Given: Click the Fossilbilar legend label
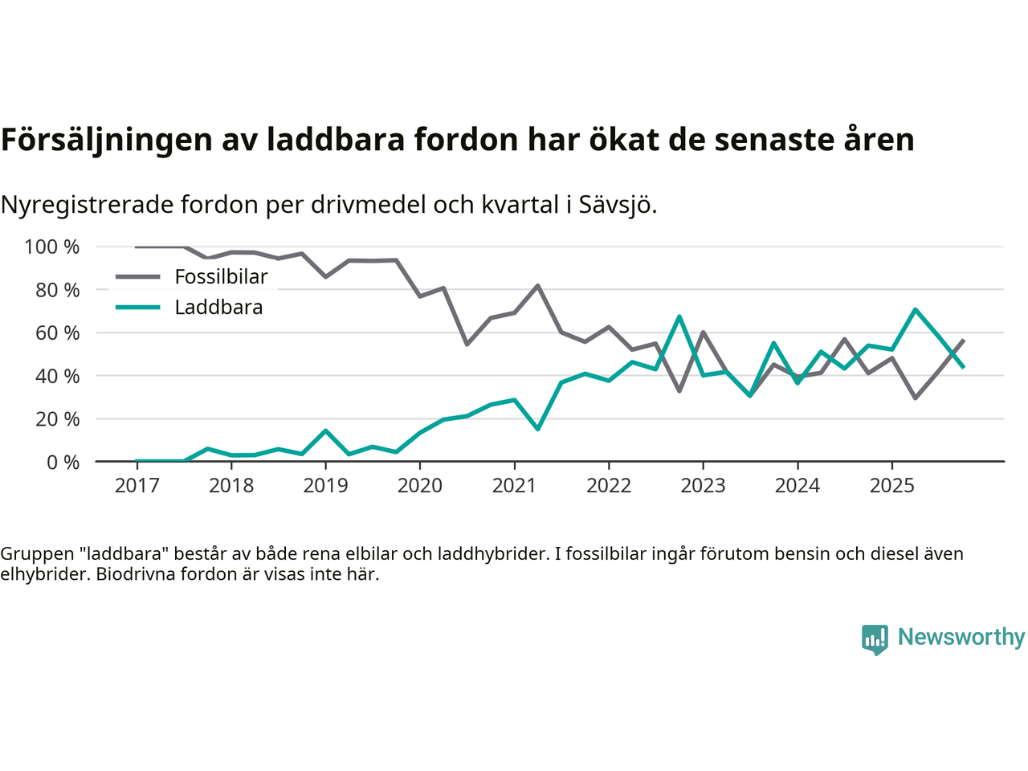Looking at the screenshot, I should (x=221, y=277).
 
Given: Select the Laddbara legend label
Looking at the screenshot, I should (x=218, y=308).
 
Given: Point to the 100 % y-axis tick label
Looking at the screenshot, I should (x=52, y=247).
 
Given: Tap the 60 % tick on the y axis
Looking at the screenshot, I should (x=57, y=332).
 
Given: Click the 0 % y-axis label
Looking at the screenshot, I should (x=63, y=462).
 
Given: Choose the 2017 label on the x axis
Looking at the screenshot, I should (x=137, y=485).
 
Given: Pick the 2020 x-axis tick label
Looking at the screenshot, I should (x=420, y=485).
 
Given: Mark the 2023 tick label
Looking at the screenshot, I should (x=703, y=485).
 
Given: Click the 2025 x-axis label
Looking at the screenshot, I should (x=892, y=485).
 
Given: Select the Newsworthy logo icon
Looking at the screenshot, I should (x=875, y=639).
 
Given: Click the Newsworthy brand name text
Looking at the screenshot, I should (x=961, y=637).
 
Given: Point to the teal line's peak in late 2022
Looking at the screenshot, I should (x=679, y=316).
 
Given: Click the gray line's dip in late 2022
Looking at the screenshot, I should (x=679, y=391).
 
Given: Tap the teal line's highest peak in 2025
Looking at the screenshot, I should (x=916, y=309).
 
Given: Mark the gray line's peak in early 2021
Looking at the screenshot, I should (x=537, y=285).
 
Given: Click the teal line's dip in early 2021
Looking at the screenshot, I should (x=537, y=429).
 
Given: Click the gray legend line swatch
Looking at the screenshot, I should (x=137, y=277).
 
